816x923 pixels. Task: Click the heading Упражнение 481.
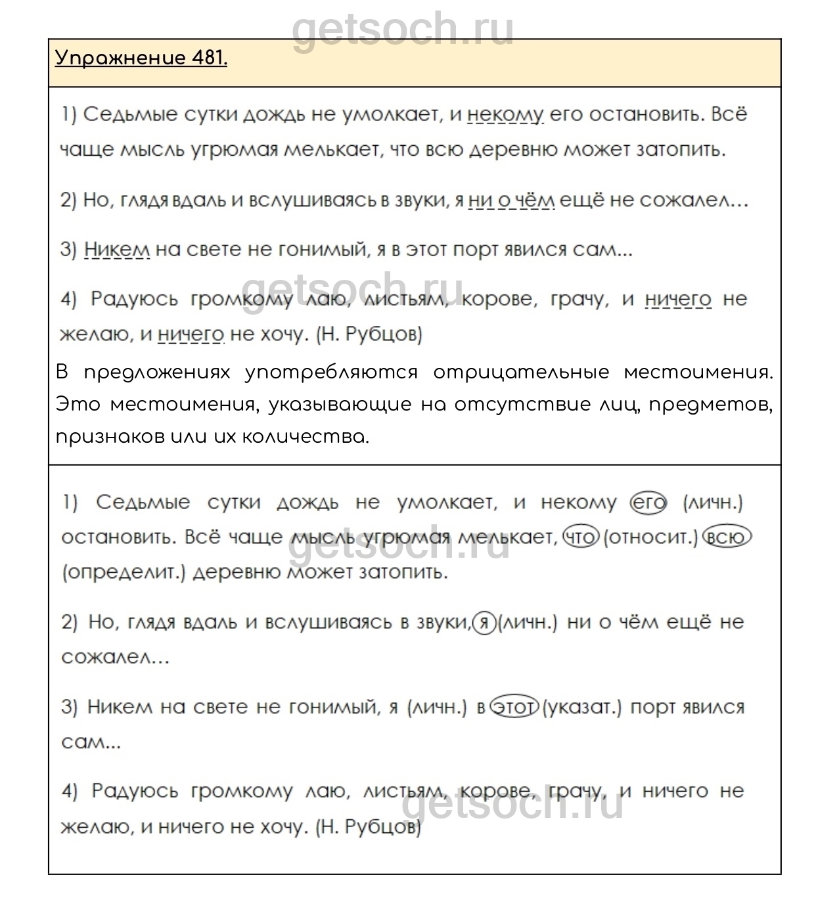click(141, 58)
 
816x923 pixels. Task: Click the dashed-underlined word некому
click(505, 114)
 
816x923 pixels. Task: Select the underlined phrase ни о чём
click(511, 200)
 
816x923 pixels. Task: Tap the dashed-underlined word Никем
click(117, 250)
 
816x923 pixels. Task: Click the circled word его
click(648, 503)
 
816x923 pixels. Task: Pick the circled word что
click(580, 537)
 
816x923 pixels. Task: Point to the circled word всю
click(727, 537)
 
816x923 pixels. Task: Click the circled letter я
click(484, 622)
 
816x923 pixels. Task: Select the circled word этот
click(515, 708)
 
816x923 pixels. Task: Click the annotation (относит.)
click(650, 537)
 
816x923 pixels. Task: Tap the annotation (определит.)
click(124, 572)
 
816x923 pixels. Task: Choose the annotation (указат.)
click(582, 708)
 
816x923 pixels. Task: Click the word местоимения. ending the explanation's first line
click(698, 372)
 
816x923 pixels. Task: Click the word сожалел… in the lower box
click(116, 656)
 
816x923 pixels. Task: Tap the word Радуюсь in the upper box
click(134, 300)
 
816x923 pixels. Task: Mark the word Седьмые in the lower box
click(143, 503)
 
